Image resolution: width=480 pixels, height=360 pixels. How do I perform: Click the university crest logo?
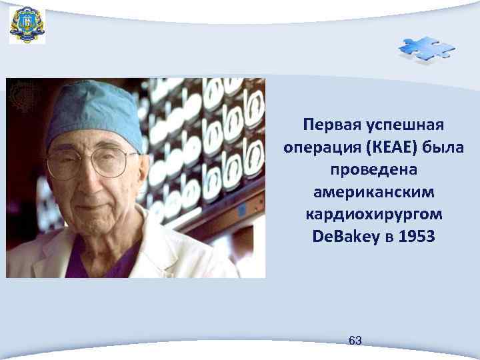(27, 25)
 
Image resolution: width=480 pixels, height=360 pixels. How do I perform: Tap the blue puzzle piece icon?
(426, 49)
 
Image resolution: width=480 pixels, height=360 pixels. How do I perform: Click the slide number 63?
(355, 341)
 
